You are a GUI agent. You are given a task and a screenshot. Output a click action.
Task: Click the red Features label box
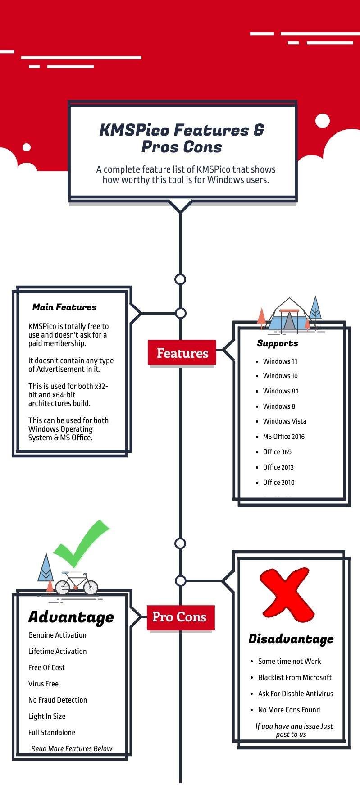pos(182,353)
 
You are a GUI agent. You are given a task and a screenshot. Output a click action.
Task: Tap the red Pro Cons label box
pos(180,616)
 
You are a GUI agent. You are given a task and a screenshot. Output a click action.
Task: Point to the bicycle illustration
pos(76,584)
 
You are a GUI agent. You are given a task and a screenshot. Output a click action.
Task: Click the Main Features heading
pos(64,307)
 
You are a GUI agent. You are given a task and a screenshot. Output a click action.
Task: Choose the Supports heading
pos(278,343)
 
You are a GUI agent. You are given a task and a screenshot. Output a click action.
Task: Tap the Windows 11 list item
pos(280,361)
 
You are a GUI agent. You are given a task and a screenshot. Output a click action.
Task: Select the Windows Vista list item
pos(284,421)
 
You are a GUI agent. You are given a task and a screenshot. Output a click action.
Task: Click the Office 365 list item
pos(277,452)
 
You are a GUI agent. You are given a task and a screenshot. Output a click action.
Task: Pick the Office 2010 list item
pos(278,482)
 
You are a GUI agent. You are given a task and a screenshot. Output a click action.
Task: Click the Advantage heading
pos(71,617)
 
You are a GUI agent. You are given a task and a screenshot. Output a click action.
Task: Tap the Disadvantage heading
pos(291,639)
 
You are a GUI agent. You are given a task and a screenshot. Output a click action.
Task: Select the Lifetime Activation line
pos(57,651)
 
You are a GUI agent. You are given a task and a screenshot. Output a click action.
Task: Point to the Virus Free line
pos(43,684)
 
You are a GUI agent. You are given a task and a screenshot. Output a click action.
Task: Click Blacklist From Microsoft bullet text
pos(295,677)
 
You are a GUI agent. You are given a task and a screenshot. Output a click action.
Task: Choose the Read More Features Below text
pos(72,748)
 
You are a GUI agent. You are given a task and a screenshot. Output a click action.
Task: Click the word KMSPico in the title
pos(134,130)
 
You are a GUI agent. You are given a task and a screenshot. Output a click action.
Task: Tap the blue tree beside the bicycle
pos(46,569)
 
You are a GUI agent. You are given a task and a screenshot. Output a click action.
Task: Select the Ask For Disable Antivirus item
pos(296,694)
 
